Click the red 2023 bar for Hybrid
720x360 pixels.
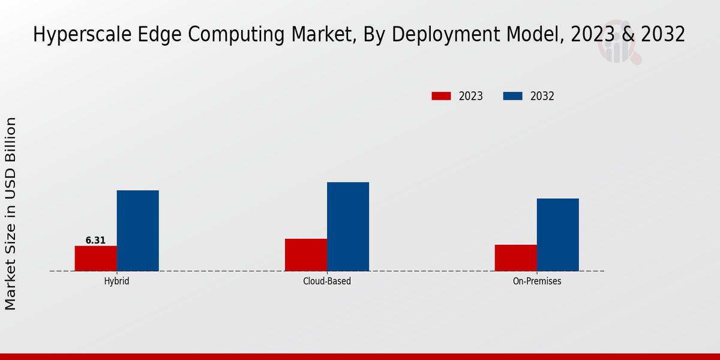click(x=96, y=259)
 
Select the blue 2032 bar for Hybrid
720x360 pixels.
click(x=138, y=230)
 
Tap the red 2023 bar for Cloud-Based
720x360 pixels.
click(x=306, y=255)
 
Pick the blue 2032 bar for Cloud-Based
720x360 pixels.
click(x=348, y=227)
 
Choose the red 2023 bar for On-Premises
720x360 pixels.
click(x=516, y=258)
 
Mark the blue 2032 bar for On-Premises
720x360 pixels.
click(x=558, y=235)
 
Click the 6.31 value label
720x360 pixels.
click(x=95, y=241)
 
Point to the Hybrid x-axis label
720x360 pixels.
click(x=116, y=281)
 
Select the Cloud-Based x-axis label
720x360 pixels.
click(x=327, y=281)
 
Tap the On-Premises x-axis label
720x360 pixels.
click(x=537, y=281)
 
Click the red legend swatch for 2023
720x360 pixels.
click(x=441, y=96)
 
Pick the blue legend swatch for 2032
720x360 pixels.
click(x=512, y=96)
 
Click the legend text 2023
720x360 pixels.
click(x=471, y=96)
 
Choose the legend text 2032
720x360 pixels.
click(x=542, y=96)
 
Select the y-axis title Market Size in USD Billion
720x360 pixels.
click(x=11, y=214)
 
